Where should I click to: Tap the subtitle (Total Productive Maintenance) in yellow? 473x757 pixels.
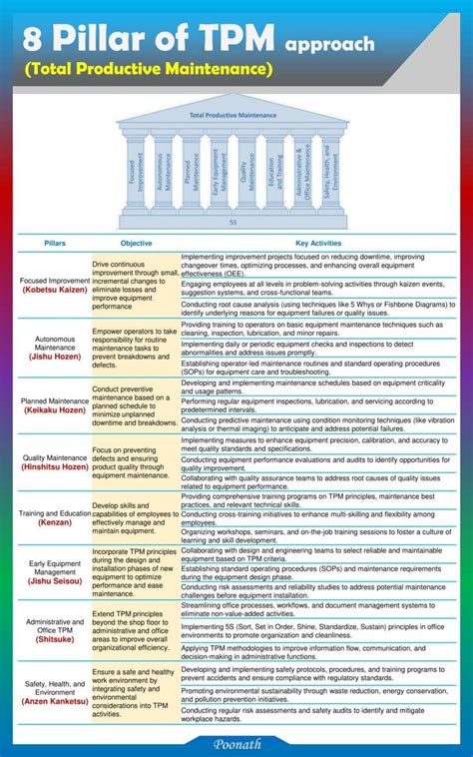149,69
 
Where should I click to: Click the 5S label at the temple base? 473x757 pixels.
233,222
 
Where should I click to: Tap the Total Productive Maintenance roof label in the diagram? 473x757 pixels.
232,116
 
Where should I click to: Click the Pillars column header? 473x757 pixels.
55,243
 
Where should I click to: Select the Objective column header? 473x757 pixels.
136,243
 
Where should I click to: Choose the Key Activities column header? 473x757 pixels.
318,243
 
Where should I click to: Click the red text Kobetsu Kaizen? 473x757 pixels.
55,291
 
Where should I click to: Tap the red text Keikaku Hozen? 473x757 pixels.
55,410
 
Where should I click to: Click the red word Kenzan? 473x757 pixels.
55,522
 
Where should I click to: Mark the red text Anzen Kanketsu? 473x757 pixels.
55,702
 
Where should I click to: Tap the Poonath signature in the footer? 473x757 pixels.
236,743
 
